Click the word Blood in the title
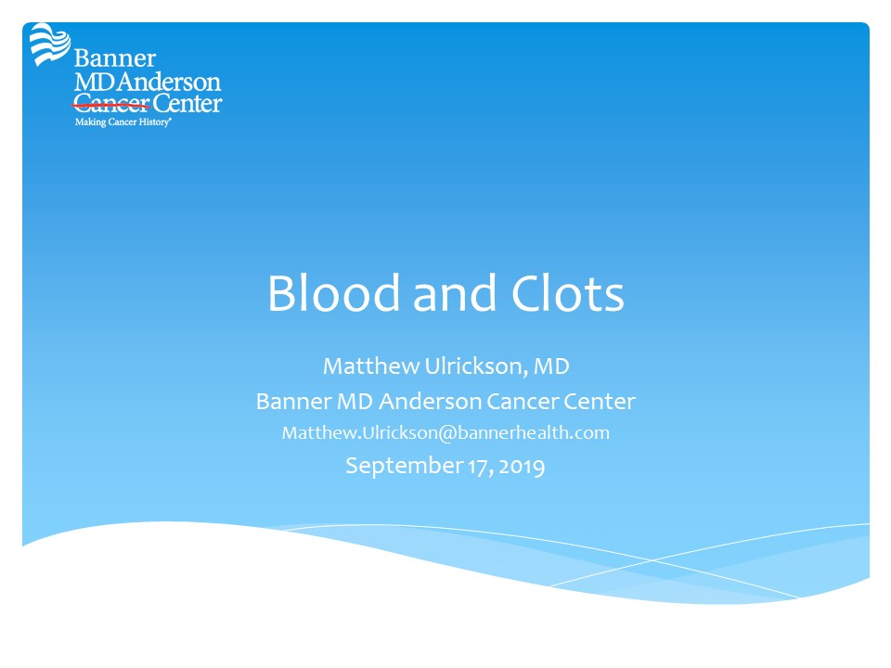pyautogui.click(x=334, y=293)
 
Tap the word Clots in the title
pyautogui.click(x=568, y=293)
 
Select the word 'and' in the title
pyautogui.click(x=455, y=293)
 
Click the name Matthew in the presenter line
pyautogui.click(x=371, y=366)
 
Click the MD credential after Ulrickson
pyautogui.click(x=551, y=366)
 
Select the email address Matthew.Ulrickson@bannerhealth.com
pyautogui.click(x=445, y=433)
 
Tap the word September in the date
pyautogui.click(x=404, y=467)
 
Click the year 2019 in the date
pyautogui.click(x=523, y=467)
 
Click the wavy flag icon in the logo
pyautogui.click(x=50, y=44)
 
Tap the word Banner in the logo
pyautogui.click(x=115, y=58)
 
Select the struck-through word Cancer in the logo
pyautogui.click(x=111, y=104)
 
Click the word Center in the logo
pyautogui.click(x=187, y=103)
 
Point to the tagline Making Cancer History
pyautogui.click(x=123, y=122)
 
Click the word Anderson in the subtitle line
pyautogui.click(x=430, y=402)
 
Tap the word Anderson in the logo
pyautogui.click(x=169, y=83)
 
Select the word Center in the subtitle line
pyautogui.click(x=599, y=402)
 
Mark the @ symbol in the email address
pyautogui.click(x=447, y=433)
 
